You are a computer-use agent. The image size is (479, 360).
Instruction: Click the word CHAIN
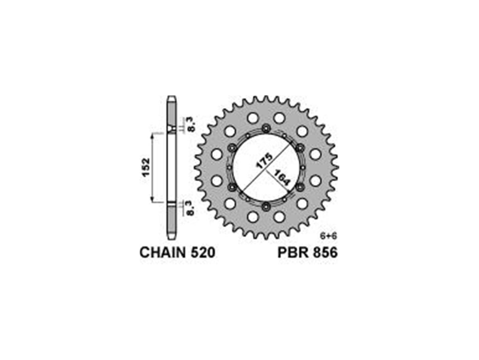click(162, 253)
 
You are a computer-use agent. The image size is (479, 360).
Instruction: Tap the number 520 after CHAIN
click(203, 253)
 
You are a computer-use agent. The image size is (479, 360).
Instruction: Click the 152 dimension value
click(146, 167)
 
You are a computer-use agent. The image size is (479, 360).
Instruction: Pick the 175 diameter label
click(264, 161)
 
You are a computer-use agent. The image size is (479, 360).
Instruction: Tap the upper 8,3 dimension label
click(191, 125)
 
